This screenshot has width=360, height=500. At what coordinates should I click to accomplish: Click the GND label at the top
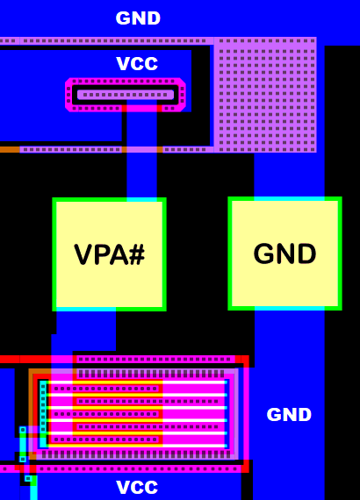(139, 18)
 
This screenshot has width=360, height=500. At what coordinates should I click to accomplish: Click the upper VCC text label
(138, 64)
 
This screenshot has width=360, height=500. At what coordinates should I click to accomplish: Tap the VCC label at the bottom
(138, 488)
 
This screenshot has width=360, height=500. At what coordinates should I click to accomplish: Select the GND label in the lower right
(289, 415)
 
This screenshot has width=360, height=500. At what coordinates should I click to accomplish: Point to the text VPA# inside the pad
(109, 255)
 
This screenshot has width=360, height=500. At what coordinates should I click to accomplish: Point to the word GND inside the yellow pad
(284, 254)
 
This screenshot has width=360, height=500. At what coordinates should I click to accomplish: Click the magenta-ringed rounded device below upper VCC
(126, 95)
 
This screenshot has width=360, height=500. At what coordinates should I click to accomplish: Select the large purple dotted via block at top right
(265, 95)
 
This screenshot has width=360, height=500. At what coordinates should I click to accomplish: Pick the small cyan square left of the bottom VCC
(28, 479)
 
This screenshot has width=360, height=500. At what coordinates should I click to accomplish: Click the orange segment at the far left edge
(9, 150)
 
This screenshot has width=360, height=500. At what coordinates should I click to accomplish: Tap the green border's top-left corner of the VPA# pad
(54, 201)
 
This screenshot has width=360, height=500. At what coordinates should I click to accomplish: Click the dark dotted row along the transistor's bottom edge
(132, 454)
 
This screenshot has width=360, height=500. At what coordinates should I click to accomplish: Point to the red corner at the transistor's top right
(245, 361)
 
